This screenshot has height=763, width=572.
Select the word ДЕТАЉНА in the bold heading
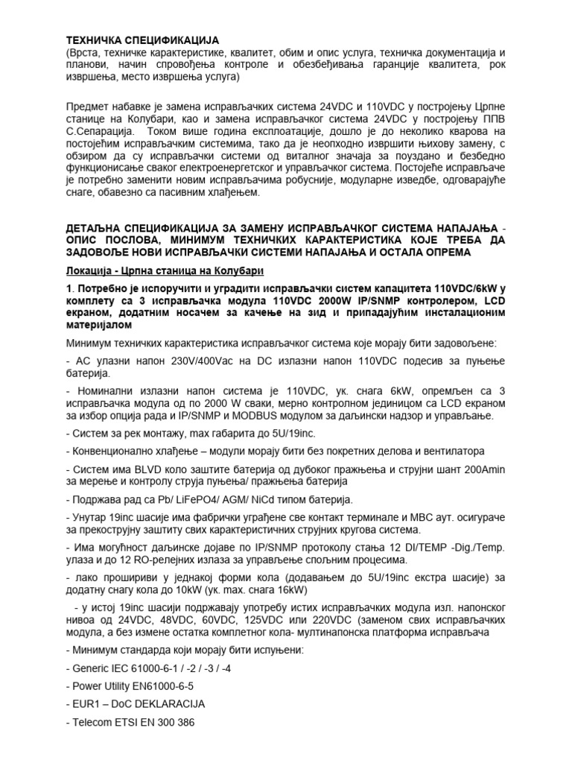click(98, 226)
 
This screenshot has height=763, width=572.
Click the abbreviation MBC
click(419, 517)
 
